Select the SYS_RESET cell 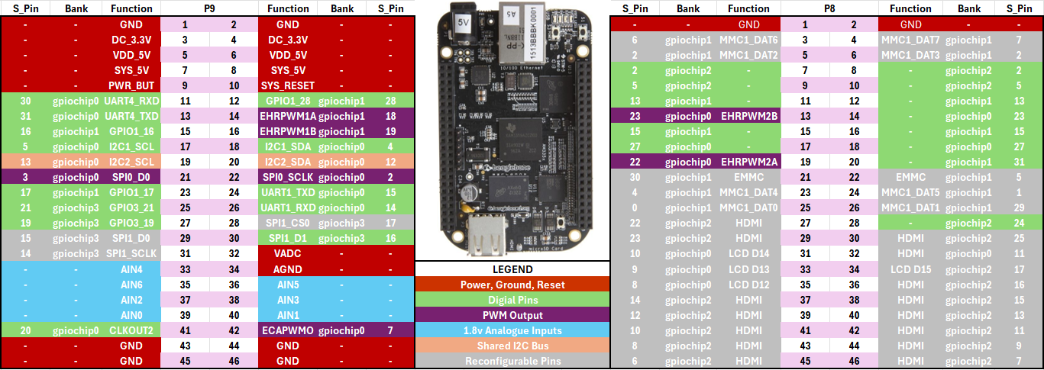coord(287,85)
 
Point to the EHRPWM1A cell coord(287,116)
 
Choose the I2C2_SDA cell coord(287,162)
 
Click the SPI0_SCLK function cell coord(287,177)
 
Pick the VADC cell coord(287,253)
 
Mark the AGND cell coord(287,269)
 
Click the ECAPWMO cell coord(287,330)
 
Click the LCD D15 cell coord(910,269)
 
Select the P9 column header coord(209,8)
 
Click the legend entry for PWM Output coord(512,315)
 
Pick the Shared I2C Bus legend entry coord(512,346)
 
